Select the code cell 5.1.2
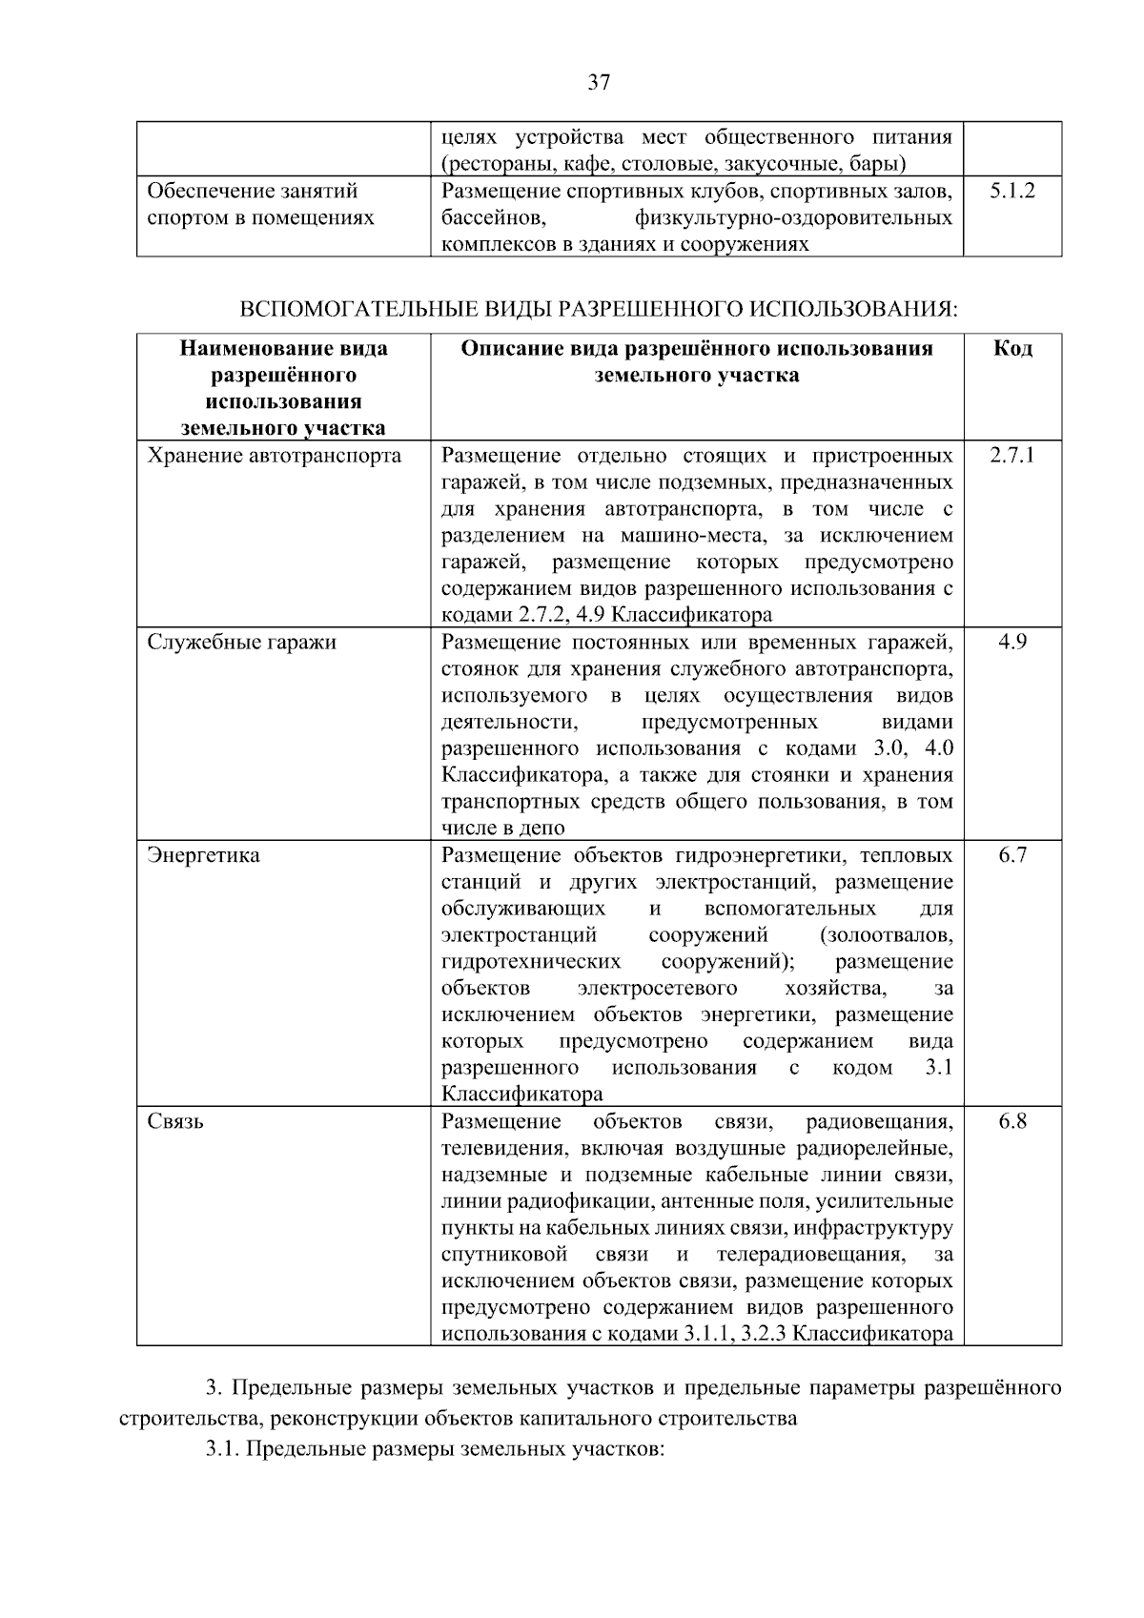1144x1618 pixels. pos(1011,191)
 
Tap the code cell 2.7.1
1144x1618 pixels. pos(1011,455)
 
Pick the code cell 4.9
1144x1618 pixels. pos(1012,642)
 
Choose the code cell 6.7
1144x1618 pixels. pos(1012,855)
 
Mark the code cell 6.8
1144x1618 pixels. pos(1012,1121)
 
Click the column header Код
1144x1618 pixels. pos(1012,348)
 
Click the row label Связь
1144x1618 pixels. pos(175,1121)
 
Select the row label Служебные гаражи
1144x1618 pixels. pos(241,642)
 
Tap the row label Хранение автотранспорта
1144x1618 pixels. pos(274,455)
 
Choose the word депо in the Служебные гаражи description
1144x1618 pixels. pos(542,829)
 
